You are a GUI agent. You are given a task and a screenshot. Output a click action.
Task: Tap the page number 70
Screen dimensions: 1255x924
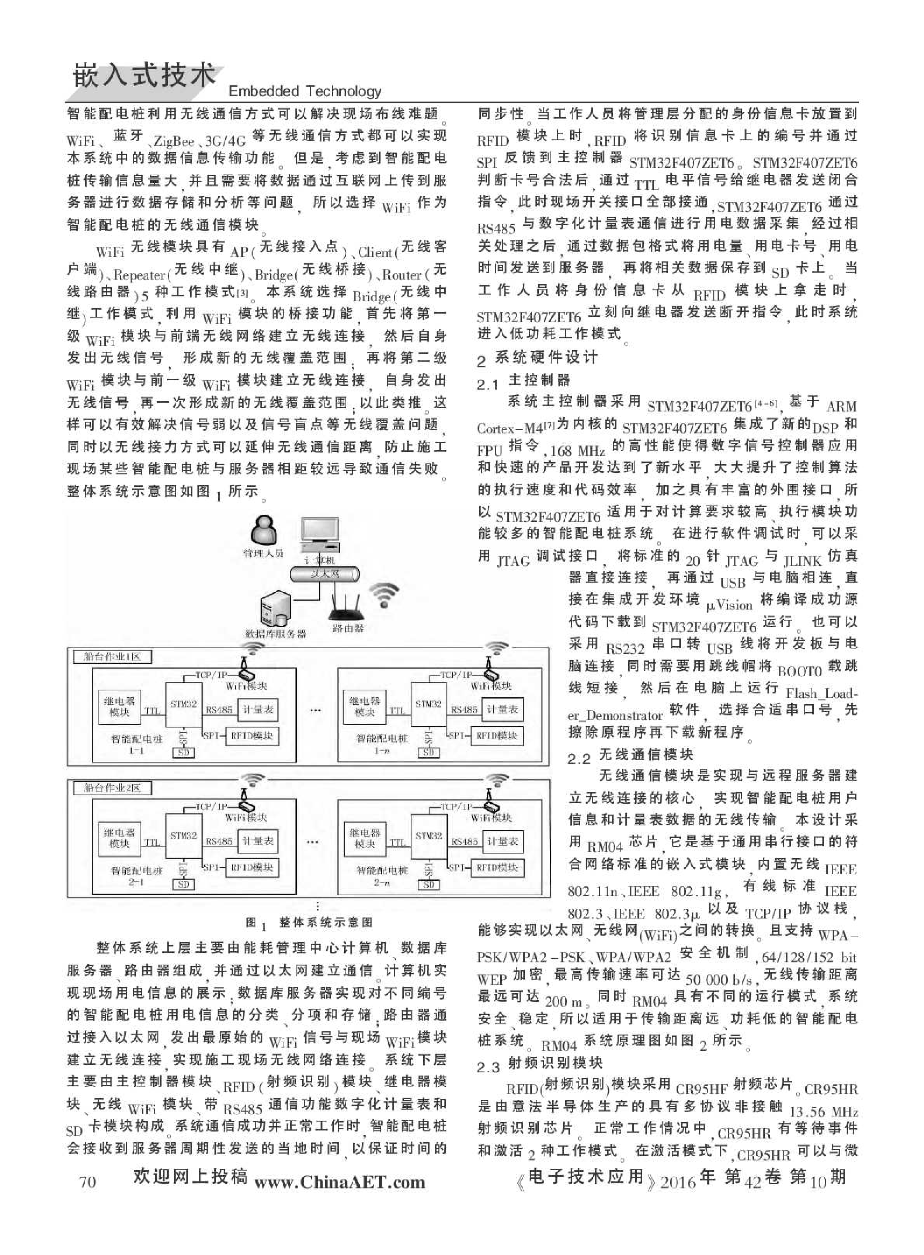tap(87, 1182)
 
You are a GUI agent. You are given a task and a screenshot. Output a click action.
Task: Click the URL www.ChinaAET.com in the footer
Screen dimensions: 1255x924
tap(340, 1182)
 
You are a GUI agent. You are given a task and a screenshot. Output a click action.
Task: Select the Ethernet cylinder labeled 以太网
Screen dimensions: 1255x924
tap(324, 574)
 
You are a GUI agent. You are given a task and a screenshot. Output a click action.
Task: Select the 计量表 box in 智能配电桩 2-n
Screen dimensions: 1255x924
tap(503, 842)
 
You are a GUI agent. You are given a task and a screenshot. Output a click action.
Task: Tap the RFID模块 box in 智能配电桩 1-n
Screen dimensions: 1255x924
tap(497, 736)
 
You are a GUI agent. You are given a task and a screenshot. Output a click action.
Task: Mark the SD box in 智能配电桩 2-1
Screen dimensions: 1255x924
tap(184, 884)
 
